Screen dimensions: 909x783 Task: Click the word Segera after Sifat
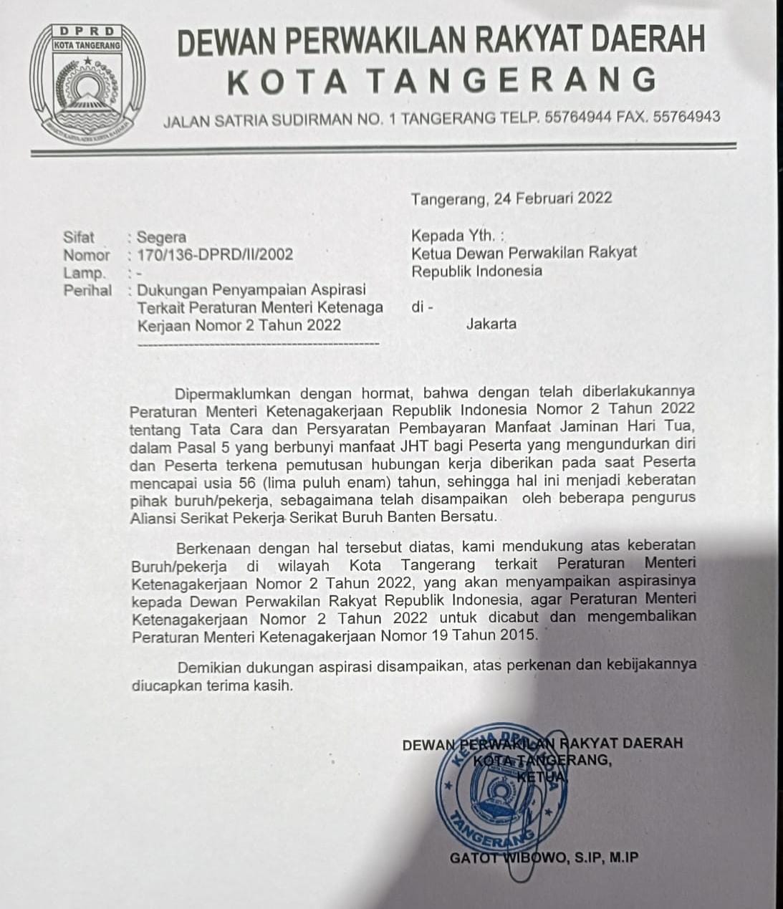pos(162,237)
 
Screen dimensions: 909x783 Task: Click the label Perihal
pos(87,290)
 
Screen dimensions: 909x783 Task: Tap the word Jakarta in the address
pos(491,323)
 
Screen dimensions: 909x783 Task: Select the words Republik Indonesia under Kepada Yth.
pos(476,271)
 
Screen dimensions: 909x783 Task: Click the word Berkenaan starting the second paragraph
pos(213,547)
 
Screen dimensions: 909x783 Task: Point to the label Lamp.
pos(84,273)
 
